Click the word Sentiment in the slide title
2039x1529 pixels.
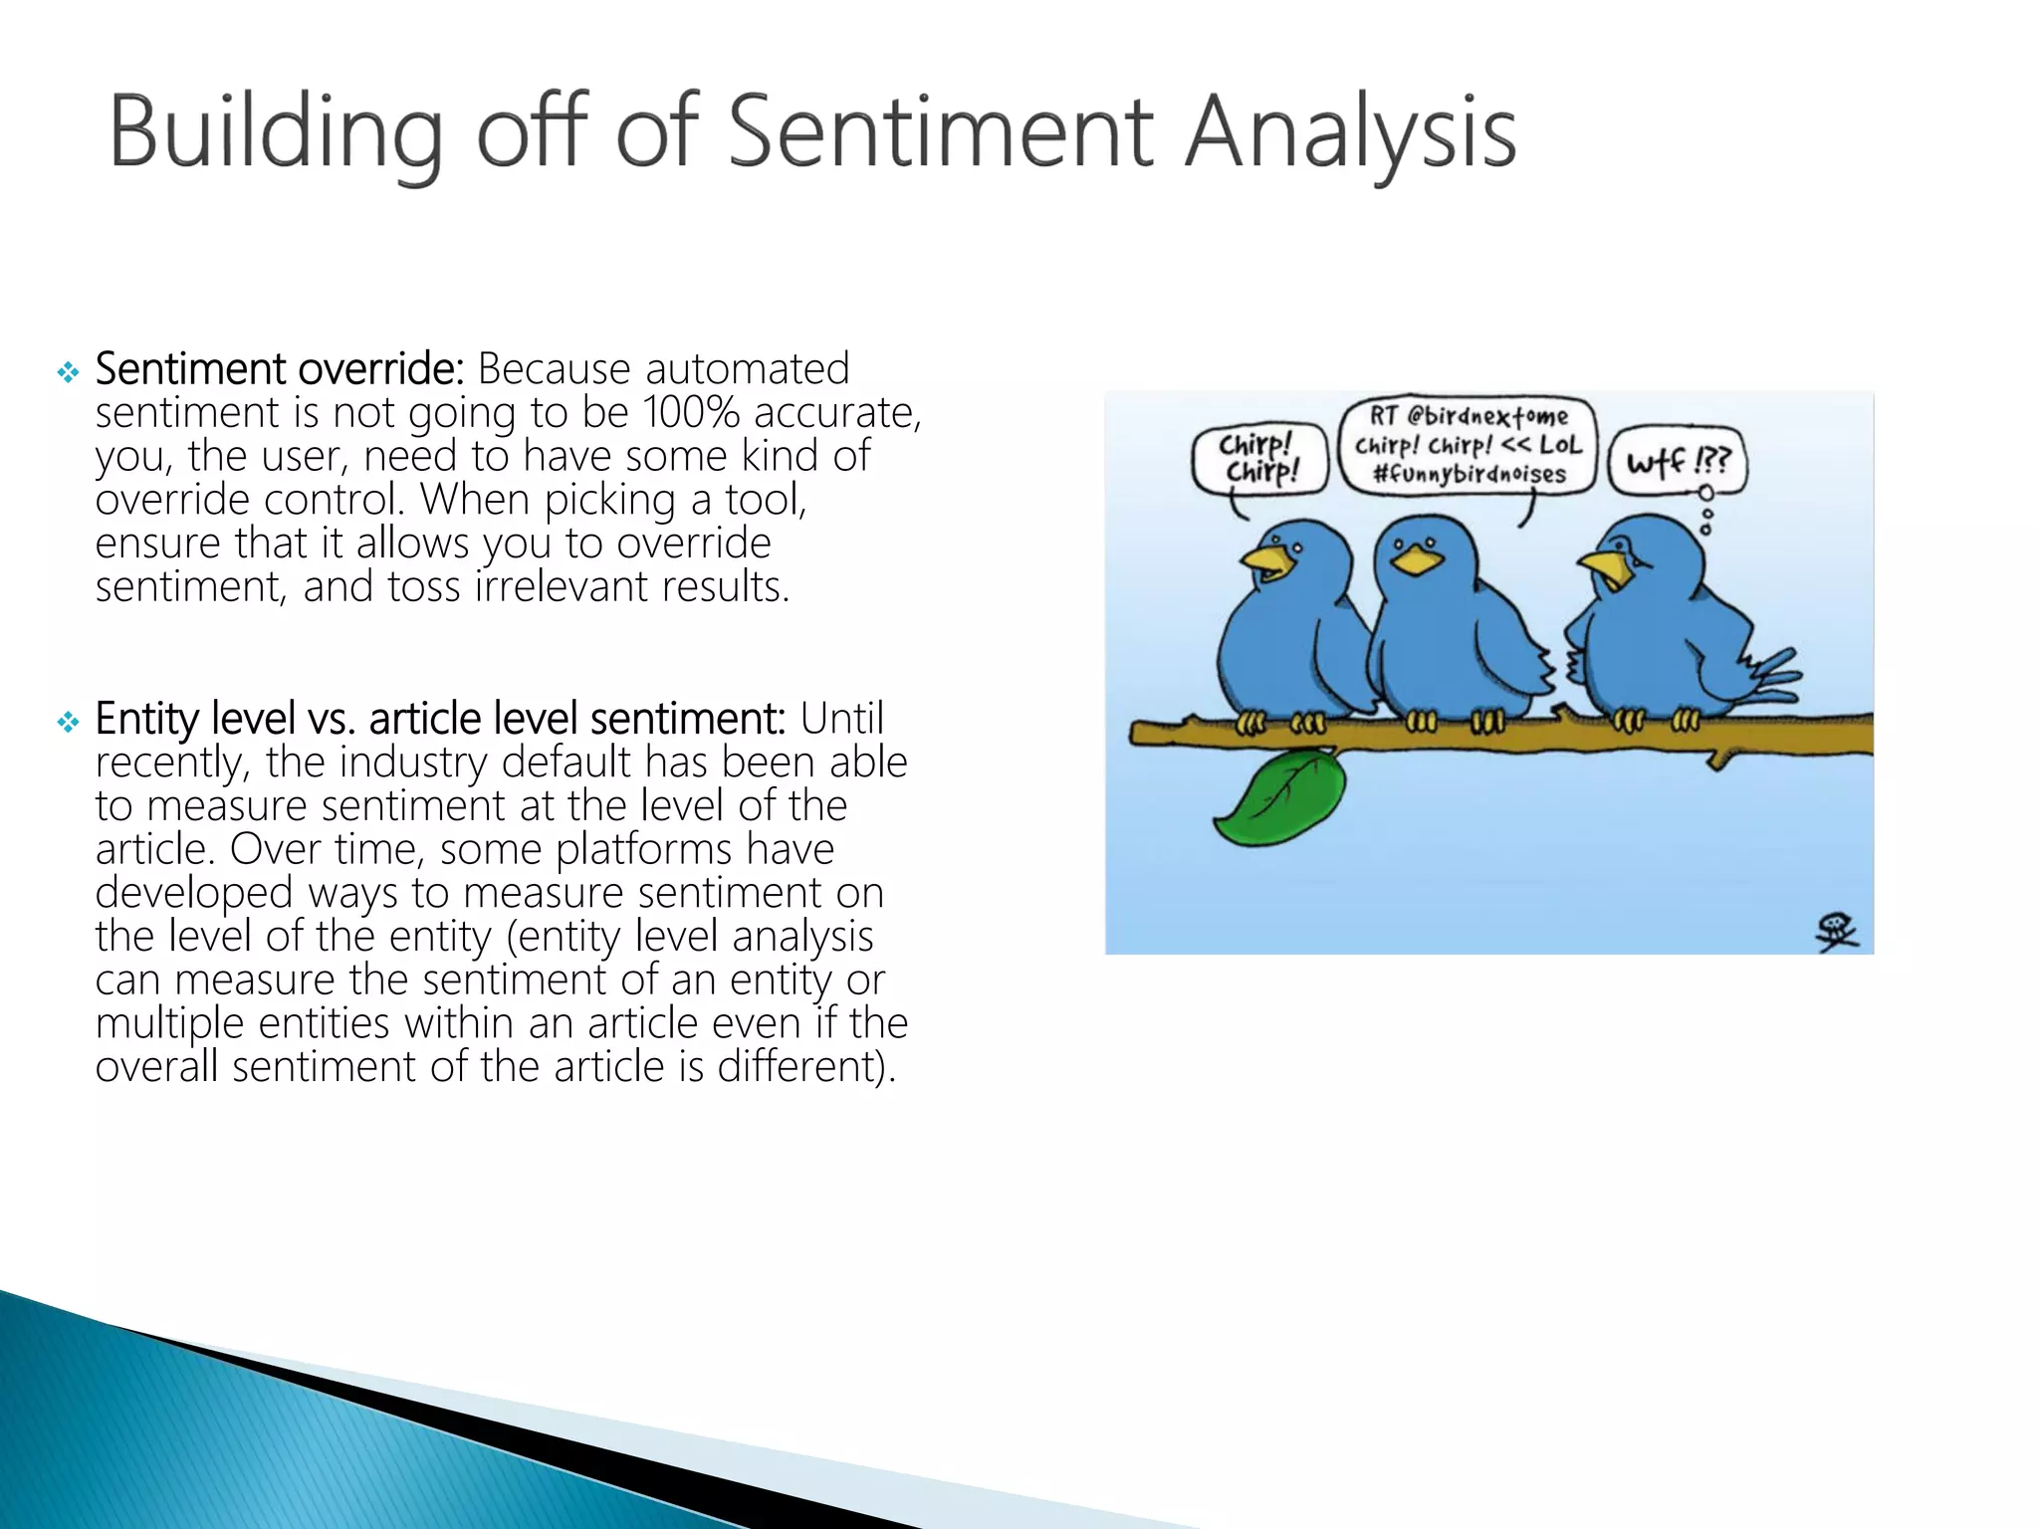[941, 131]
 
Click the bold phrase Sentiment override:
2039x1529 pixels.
[280, 368]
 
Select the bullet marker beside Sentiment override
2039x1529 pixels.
[68, 373]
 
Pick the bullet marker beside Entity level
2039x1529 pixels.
[68, 723]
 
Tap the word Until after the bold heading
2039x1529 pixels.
[841, 718]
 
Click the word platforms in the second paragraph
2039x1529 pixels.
[643, 849]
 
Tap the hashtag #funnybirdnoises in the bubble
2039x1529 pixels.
[1469, 474]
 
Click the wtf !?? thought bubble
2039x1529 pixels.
[1679, 461]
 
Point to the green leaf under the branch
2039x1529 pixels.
[1279, 797]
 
